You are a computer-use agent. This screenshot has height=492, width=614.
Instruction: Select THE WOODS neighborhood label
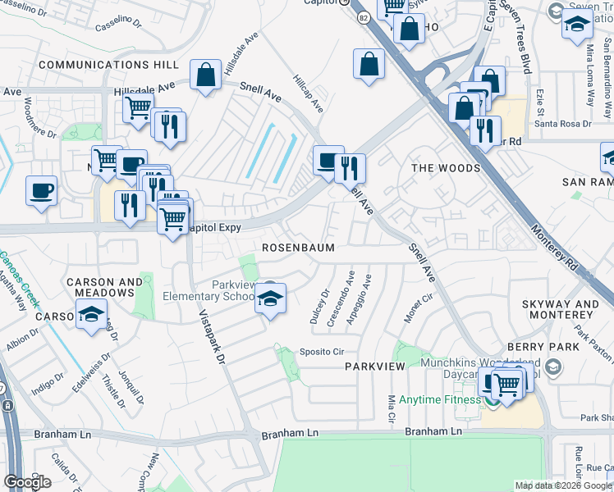tap(445, 168)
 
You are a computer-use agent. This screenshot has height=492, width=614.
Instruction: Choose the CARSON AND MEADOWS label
tap(104, 288)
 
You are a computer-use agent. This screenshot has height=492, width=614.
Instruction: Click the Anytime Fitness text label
tap(439, 400)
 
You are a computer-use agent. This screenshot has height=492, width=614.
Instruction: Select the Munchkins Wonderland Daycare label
tap(480, 368)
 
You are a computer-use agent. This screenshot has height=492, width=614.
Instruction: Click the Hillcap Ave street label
tap(309, 93)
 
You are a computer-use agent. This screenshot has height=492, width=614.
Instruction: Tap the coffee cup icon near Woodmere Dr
tap(41, 194)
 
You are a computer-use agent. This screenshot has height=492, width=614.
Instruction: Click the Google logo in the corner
tap(27, 482)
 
